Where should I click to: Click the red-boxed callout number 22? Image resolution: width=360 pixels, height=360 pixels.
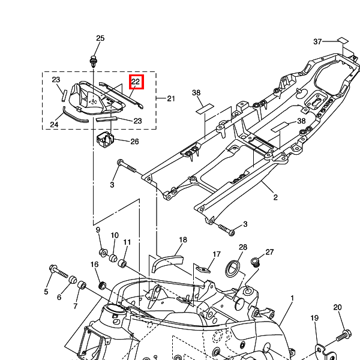click(x=136, y=82)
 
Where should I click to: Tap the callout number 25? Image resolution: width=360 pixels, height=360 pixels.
click(x=100, y=38)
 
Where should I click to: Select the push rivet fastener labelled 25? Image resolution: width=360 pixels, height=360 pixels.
click(x=94, y=61)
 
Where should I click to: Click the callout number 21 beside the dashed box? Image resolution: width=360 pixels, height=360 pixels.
click(x=171, y=98)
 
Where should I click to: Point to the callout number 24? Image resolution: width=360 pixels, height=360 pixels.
click(x=54, y=124)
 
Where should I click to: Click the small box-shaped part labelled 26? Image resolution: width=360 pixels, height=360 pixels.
click(x=106, y=139)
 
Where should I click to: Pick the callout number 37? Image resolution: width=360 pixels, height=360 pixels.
click(x=317, y=41)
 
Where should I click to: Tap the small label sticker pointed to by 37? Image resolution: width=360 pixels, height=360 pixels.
click(x=343, y=40)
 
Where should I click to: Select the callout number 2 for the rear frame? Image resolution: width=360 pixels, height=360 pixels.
click(x=275, y=197)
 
